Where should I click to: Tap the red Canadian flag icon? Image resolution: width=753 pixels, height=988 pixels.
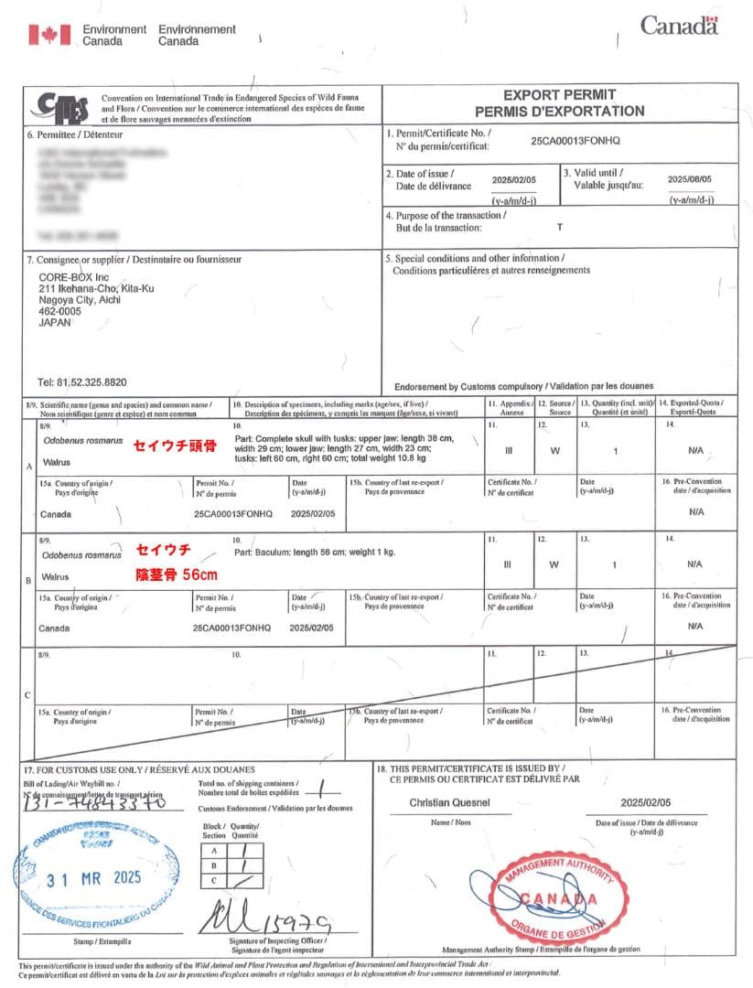[49, 35]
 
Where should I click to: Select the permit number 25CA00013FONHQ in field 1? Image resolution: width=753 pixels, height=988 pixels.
[576, 142]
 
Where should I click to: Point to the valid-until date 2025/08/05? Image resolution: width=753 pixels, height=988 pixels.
[689, 179]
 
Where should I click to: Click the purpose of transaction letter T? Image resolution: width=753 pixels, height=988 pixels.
[560, 225]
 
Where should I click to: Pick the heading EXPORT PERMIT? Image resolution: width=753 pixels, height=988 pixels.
[560, 94]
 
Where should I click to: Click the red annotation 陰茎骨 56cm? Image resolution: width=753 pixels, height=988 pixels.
[177, 575]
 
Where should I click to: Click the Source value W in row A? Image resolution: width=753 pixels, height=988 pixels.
[554, 450]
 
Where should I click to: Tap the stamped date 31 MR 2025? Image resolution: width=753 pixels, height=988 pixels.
[94, 877]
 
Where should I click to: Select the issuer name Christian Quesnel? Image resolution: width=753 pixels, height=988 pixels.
[452, 802]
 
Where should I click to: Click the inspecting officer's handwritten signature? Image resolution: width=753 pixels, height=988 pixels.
[265, 917]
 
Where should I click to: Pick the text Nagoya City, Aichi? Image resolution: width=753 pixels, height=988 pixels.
[81, 299]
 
